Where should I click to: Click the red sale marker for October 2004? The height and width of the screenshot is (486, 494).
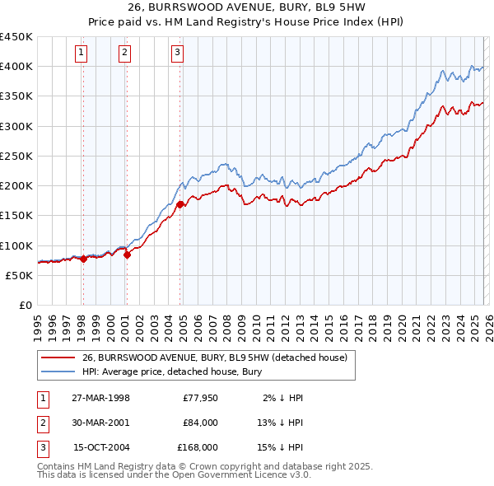click(x=180, y=204)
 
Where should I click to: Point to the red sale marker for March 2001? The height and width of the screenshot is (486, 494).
click(x=127, y=255)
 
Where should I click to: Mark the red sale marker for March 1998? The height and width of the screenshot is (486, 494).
click(x=83, y=259)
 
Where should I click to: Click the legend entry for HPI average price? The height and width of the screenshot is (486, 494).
click(x=171, y=372)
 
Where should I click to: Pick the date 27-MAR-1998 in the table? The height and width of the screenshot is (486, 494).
click(x=101, y=398)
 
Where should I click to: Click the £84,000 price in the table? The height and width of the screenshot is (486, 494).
click(x=200, y=423)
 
